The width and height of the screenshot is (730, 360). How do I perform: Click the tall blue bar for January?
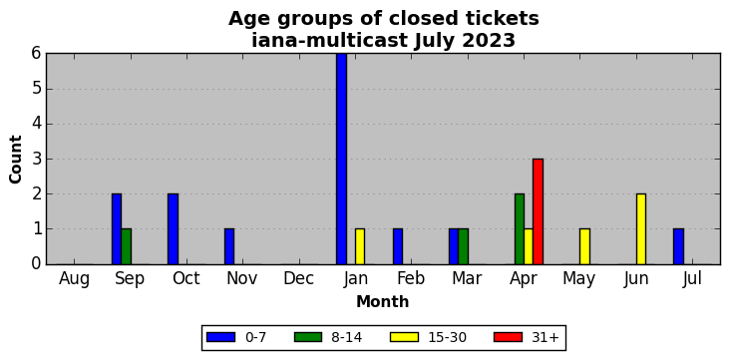point(341,159)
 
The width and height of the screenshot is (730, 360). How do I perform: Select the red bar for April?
point(538,211)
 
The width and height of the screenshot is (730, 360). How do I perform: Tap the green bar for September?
point(127,246)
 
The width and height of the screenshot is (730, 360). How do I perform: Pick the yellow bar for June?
point(641,229)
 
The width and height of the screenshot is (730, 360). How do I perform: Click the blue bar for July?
point(678,246)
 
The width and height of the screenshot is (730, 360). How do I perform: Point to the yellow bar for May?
point(584,246)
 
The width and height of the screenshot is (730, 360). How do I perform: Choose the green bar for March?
point(464,246)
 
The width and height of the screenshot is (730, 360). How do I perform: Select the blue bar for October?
point(173,229)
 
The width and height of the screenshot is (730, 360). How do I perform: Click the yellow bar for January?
point(360,246)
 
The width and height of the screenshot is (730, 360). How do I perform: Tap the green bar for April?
point(520,229)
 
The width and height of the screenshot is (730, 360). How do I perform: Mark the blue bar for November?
point(229,246)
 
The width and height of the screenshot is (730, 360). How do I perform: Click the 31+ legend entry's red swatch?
point(508,337)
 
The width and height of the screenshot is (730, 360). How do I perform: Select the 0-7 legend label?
point(255,337)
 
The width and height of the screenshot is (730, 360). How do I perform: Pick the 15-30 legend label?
point(447,337)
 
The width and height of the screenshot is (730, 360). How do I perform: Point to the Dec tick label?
point(298,278)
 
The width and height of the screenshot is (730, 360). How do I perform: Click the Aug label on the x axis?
point(74,279)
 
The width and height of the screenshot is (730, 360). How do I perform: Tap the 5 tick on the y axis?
point(37,89)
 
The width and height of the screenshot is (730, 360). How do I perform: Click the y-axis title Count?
point(15,160)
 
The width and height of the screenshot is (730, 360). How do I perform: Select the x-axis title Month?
point(382,302)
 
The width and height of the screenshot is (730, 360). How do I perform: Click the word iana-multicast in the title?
point(330,41)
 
